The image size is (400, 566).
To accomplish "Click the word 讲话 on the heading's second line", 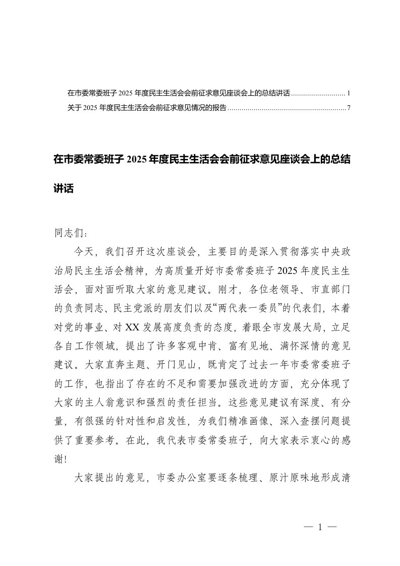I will pos(64,189).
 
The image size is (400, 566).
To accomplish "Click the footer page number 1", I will pos(320,528).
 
